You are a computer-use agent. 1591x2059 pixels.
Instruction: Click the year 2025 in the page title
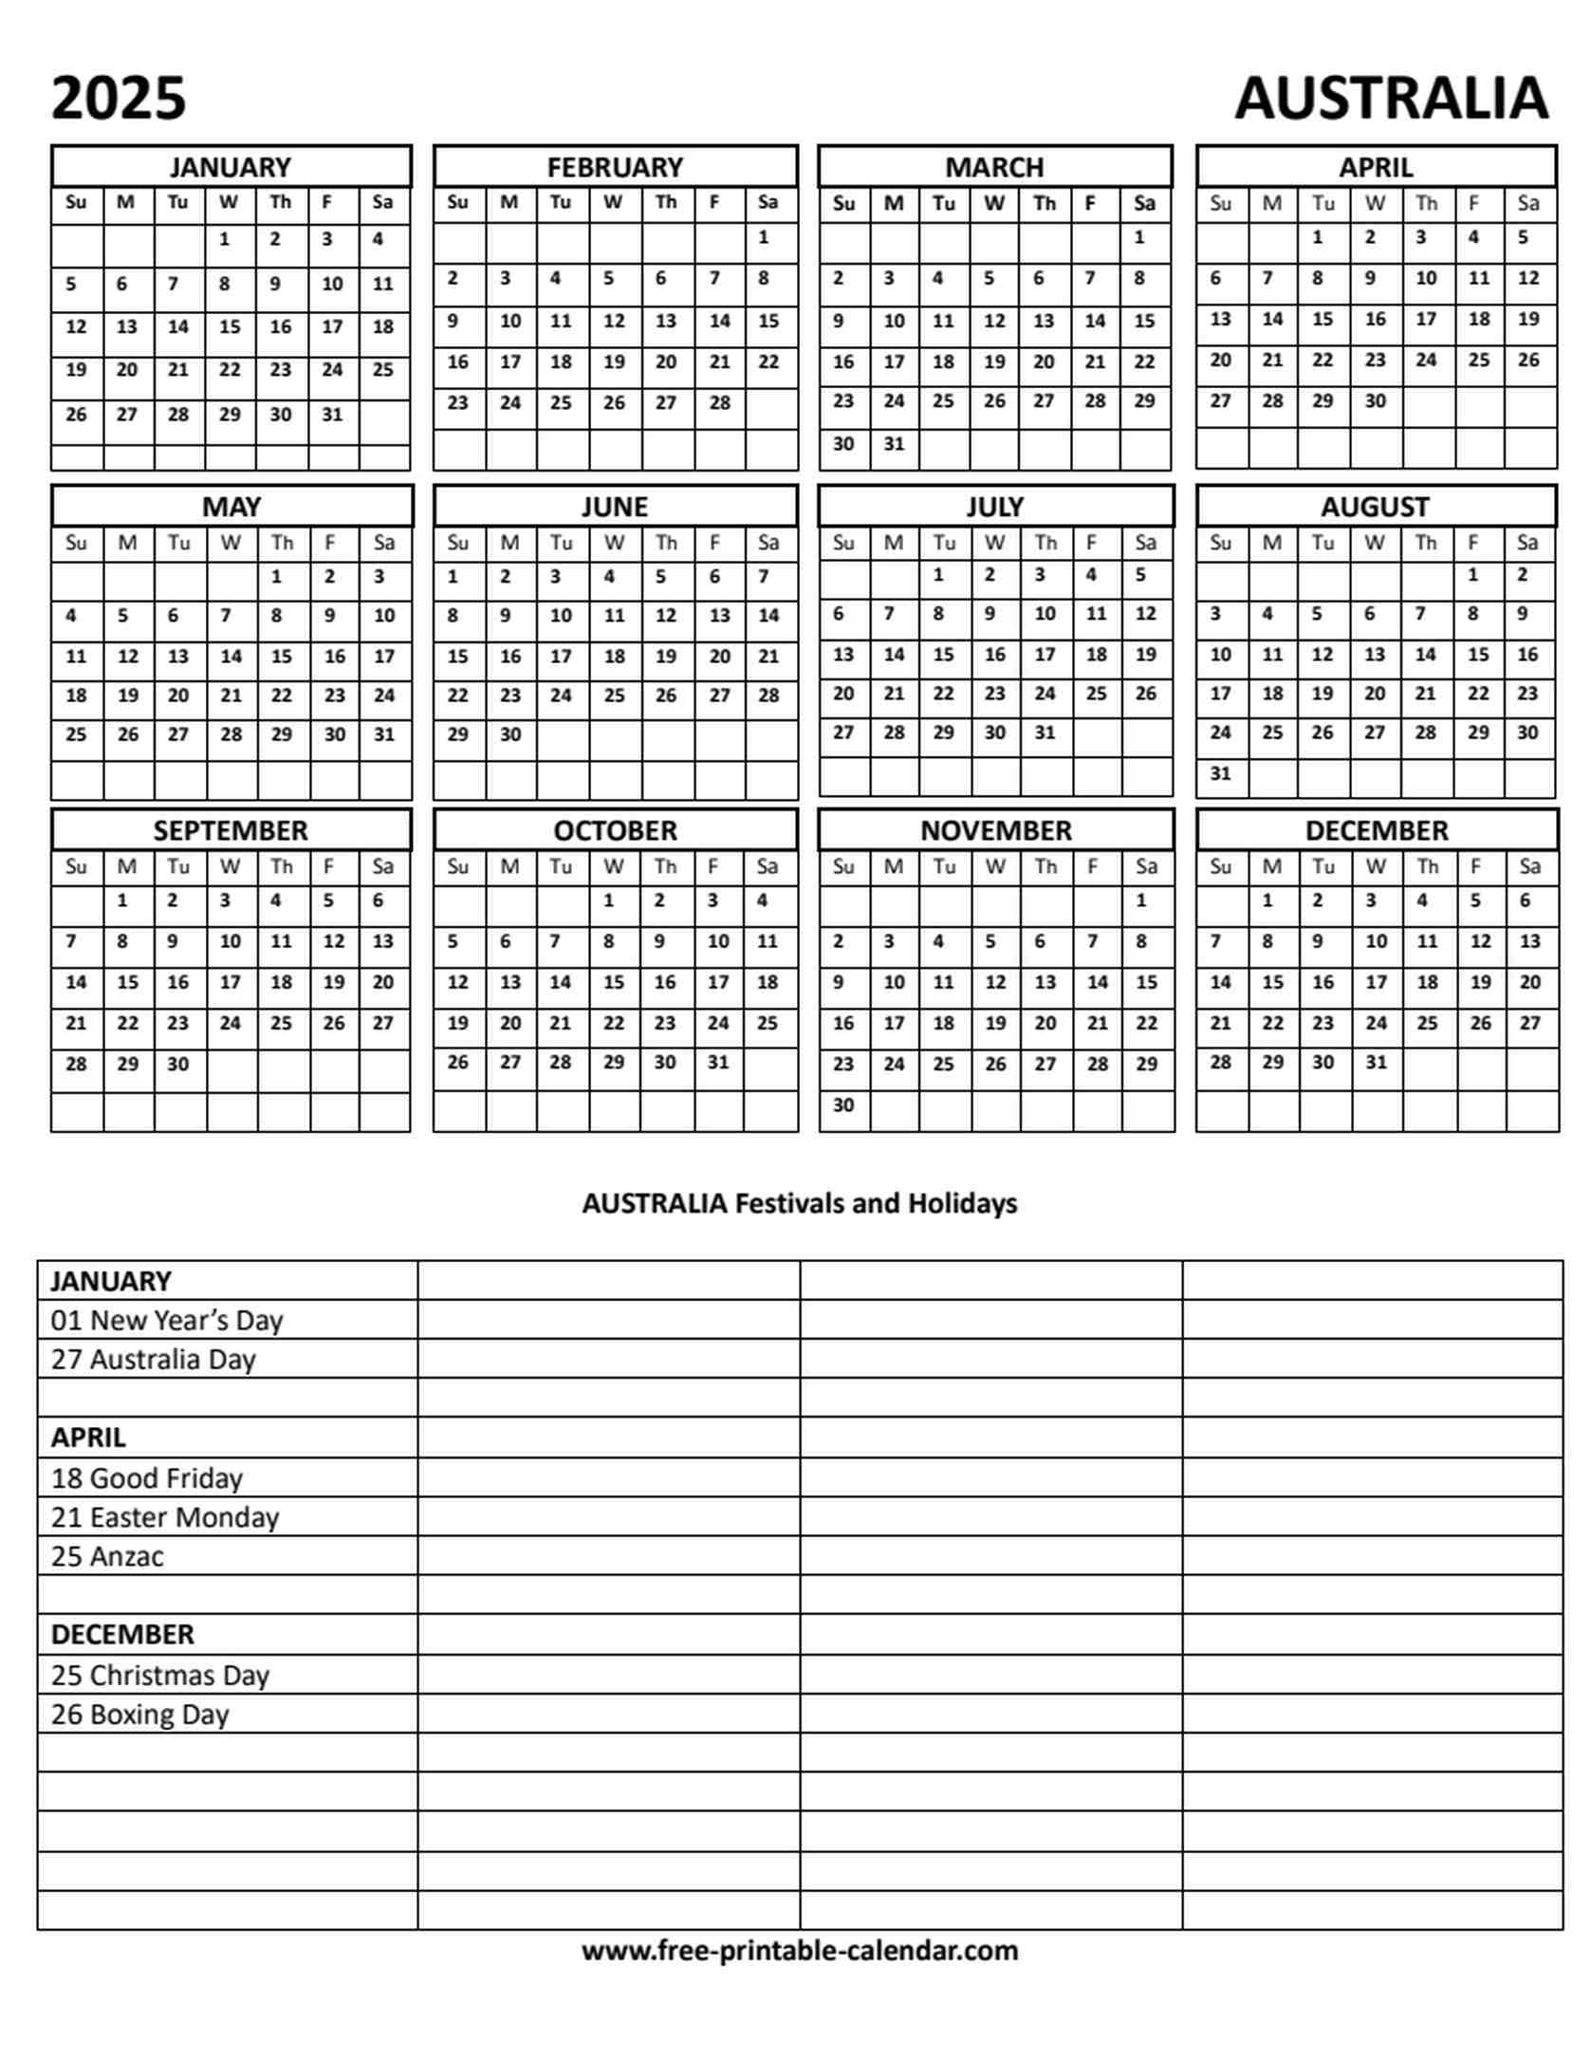coord(119,99)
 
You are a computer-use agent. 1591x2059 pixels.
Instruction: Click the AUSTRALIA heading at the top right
coord(1390,99)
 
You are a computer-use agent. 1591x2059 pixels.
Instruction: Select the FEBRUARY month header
coord(615,167)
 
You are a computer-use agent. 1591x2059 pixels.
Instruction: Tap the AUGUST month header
coord(1375,507)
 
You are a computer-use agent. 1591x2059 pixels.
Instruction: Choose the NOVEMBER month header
coord(995,830)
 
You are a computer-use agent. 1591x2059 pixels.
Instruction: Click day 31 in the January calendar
coord(331,414)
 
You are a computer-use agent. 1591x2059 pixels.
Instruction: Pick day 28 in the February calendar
coord(719,402)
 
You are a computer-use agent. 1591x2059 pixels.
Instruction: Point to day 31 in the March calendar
coord(893,443)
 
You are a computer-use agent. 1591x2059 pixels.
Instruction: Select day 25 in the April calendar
coord(1477,360)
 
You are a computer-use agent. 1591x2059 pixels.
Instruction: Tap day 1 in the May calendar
coord(277,576)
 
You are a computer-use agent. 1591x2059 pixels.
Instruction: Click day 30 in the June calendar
coord(510,733)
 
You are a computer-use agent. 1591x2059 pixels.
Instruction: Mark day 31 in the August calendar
coord(1220,772)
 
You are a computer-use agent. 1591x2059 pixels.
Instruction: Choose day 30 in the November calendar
coord(842,1104)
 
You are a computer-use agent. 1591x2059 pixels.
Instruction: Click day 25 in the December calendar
coord(1427,1023)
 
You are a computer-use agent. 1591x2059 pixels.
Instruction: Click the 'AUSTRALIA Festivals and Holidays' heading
coord(799,1203)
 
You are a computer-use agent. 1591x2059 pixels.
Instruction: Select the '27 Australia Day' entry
coord(153,1359)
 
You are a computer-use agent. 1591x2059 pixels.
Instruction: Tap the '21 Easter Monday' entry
coord(164,1516)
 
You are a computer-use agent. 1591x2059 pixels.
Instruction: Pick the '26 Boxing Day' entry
coord(139,1714)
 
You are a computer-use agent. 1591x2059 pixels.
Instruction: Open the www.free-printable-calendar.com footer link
coord(799,1950)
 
